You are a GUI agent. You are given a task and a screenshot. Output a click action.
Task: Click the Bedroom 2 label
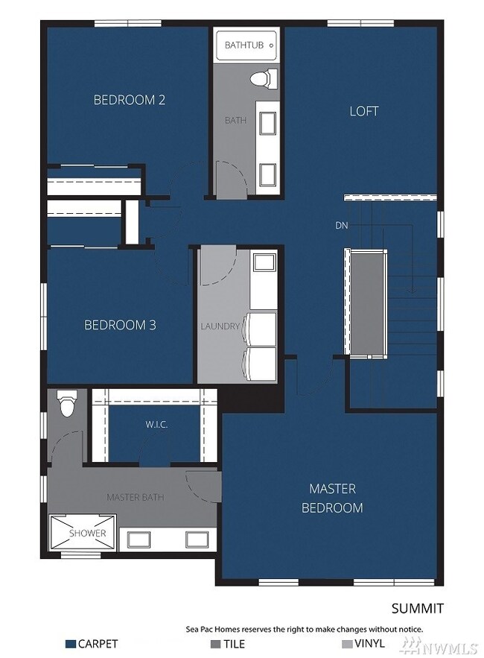(x=129, y=100)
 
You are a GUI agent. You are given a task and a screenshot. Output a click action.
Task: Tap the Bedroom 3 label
(x=119, y=325)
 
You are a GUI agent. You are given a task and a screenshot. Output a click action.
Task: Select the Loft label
(x=364, y=111)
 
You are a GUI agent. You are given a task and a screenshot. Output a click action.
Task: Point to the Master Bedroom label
(x=332, y=499)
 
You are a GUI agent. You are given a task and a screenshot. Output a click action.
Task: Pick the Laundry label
(x=220, y=326)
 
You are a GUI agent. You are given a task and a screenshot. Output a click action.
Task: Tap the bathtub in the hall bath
(x=245, y=45)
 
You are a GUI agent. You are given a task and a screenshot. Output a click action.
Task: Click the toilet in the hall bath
(x=261, y=77)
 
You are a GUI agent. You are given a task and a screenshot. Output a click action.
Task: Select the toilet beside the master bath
(x=67, y=405)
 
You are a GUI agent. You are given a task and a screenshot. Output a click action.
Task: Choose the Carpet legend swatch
(x=71, y=643)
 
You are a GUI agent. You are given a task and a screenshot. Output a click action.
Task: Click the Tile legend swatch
(x=216, y=643)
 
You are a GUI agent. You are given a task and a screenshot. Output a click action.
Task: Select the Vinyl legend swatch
(x=347, y=643)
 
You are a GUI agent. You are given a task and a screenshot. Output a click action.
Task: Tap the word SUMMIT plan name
(x=418, y=609)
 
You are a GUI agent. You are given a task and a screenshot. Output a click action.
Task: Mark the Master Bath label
(x=135, y=497)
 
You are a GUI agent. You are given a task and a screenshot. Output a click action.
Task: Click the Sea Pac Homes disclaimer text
(x=304, y=629)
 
